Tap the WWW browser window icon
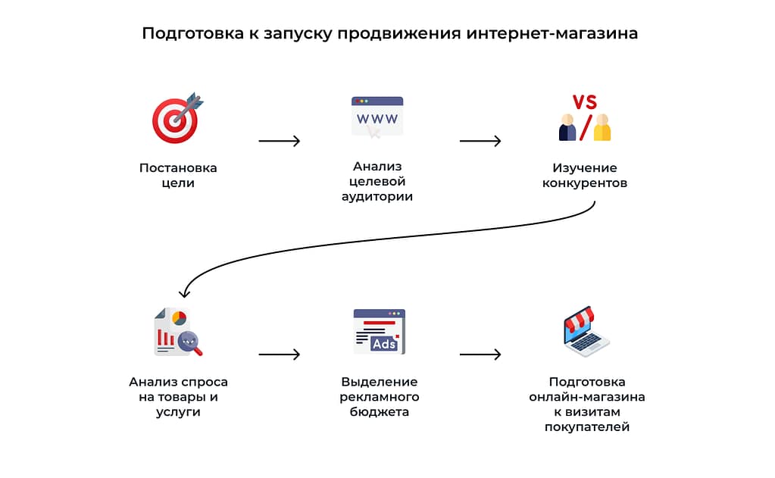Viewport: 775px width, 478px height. [377, 116]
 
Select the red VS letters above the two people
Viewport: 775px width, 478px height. [584, 102]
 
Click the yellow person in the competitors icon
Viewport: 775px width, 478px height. [602, 129]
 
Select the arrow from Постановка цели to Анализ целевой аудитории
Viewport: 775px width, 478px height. [279, 141]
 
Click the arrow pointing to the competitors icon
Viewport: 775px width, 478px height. [480, 141]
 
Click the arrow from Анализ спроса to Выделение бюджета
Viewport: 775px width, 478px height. [279, 354]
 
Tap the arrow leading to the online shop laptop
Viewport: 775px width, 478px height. [480, 354]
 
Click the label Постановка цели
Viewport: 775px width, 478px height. [178, 175]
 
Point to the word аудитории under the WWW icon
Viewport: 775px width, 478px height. [377, 197]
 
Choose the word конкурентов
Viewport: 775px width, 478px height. [585, 183]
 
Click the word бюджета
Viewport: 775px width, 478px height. [379, 412]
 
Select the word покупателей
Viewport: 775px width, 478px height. [587, 427]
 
